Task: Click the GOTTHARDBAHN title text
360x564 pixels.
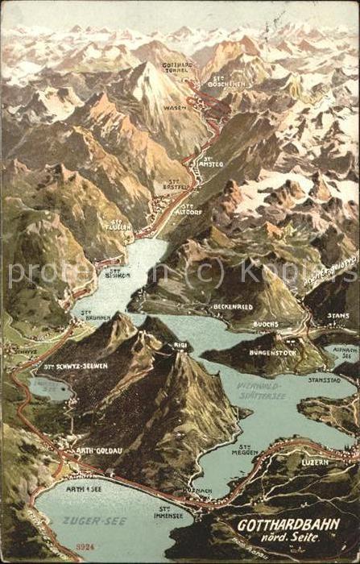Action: (288, 525)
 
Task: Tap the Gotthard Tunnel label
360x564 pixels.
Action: (176, 68)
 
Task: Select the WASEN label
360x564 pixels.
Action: (174, 107)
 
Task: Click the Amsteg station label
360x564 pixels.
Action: (211, 163)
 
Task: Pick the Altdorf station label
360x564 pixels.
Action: (191, 209)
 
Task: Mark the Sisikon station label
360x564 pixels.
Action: (118, 273)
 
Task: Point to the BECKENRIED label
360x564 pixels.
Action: (233, 307)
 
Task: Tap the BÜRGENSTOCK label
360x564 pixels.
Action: (268, 351)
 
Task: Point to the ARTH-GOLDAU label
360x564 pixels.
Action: (99, 450)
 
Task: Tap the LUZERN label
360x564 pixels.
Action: (315, 462)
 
